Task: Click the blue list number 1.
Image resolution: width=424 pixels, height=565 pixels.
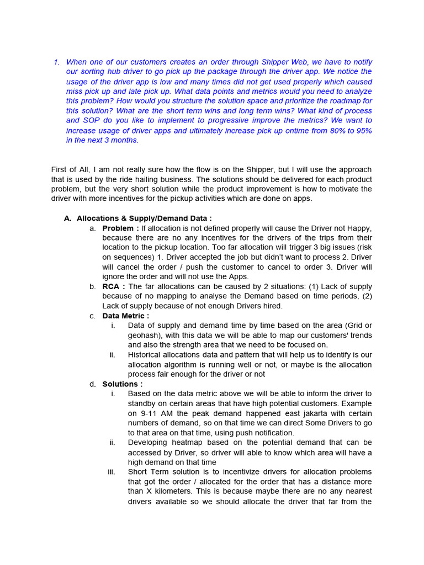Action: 56,62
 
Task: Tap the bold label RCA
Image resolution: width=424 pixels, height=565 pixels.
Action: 113,286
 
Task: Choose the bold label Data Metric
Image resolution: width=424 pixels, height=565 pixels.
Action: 125,316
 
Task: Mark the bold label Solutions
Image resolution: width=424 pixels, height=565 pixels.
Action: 122,384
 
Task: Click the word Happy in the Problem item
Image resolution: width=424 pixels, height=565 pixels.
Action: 358,228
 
